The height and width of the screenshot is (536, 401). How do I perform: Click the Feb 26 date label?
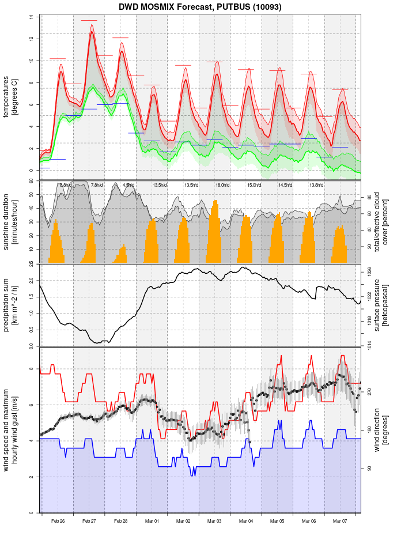coord(58,521)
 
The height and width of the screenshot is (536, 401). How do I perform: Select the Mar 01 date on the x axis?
coord(152,521)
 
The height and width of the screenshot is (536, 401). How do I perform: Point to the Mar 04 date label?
coord(246,521)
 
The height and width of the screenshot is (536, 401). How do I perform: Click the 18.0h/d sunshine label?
coord(222,185)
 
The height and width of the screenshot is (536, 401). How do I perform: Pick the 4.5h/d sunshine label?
coord(128,185)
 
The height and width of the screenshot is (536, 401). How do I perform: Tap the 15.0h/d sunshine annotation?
coord(254,185)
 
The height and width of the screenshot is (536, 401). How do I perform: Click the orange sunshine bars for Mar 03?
coord(215,236)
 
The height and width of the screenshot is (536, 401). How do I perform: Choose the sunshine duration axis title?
coord(10,222)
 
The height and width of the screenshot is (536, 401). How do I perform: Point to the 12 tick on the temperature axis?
coord(31,39)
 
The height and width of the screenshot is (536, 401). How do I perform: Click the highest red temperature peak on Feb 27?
coord(92,32)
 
